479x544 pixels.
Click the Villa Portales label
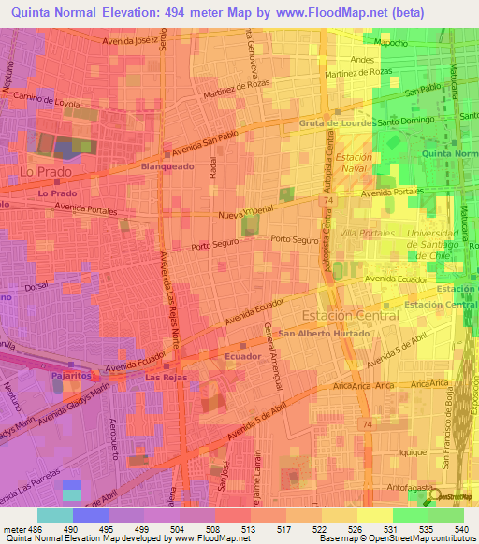363,232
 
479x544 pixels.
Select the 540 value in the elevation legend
459,528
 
